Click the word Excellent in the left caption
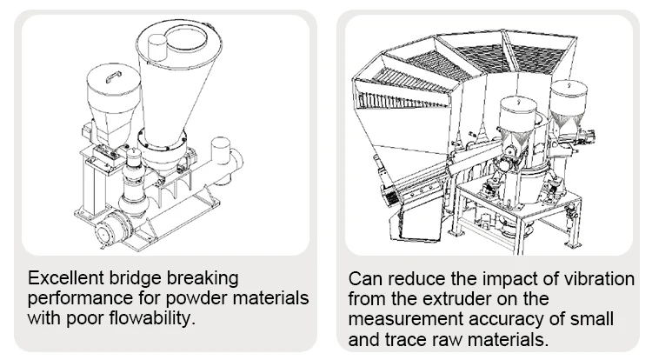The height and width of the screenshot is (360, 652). (63, 279)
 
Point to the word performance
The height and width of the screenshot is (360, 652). (73, 298)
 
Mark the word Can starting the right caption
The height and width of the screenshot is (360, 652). (364, 280)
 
